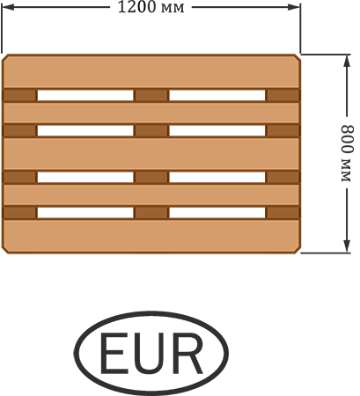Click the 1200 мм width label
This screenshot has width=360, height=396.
151,7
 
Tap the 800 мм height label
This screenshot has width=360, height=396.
348,153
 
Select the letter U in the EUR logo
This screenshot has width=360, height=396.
151,354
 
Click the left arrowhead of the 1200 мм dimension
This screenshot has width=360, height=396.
8,7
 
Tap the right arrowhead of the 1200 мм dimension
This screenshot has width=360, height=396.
293,7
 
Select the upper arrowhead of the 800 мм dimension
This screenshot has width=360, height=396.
347,62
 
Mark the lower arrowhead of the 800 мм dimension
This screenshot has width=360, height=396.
347,246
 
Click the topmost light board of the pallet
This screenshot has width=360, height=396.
151,71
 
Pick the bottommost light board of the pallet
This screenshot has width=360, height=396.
151,236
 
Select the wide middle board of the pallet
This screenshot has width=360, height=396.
151,154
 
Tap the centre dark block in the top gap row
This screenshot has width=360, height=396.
151,95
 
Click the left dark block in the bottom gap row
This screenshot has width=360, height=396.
19,213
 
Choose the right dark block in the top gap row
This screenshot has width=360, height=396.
283,95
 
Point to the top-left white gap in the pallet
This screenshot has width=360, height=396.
85,95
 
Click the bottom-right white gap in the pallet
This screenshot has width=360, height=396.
217,213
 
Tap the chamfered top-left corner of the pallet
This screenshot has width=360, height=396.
5,57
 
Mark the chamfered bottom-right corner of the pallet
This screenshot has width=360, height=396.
298,250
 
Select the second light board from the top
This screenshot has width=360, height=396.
151,113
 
